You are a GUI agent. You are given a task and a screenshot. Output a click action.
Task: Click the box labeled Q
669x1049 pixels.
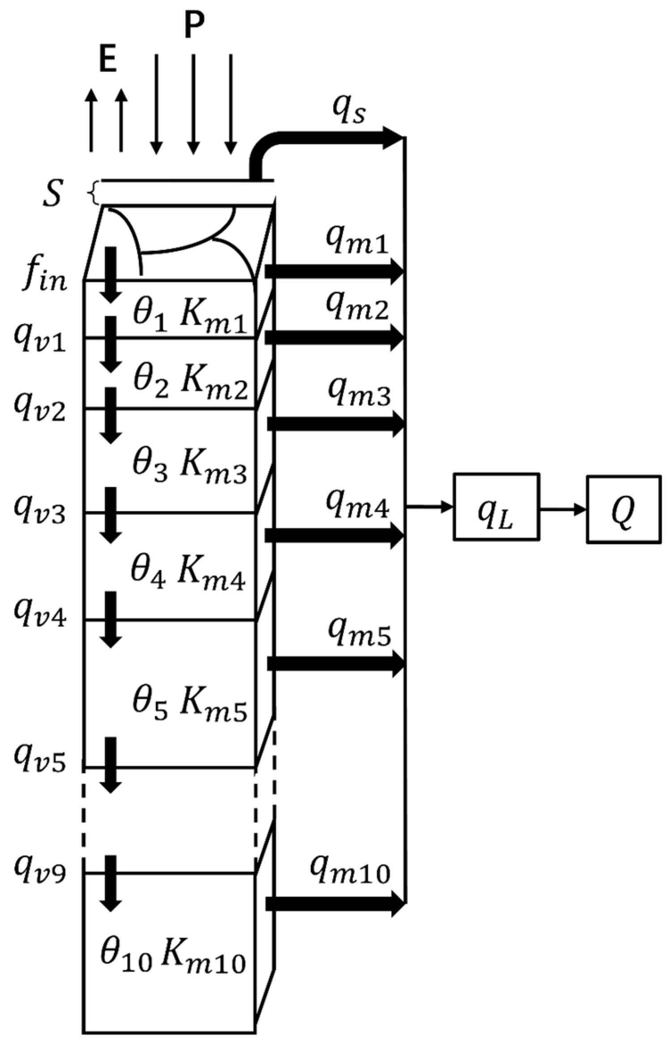click(623, 509)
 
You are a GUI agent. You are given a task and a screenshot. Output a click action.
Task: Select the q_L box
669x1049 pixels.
click(496, 507)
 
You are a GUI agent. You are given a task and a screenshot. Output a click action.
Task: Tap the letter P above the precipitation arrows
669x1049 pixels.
click(194, 25)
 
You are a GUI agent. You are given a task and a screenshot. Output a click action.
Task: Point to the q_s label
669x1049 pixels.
click(349, 110)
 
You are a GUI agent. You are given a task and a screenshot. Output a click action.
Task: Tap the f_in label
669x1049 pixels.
click(44, 278)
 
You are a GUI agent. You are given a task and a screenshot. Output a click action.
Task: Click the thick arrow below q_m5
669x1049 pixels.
click(336, 664)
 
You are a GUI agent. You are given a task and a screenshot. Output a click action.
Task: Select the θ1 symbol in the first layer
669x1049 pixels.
click(150, 316)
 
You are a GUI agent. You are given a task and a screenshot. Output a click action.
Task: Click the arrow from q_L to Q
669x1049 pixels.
click(563, 509)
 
